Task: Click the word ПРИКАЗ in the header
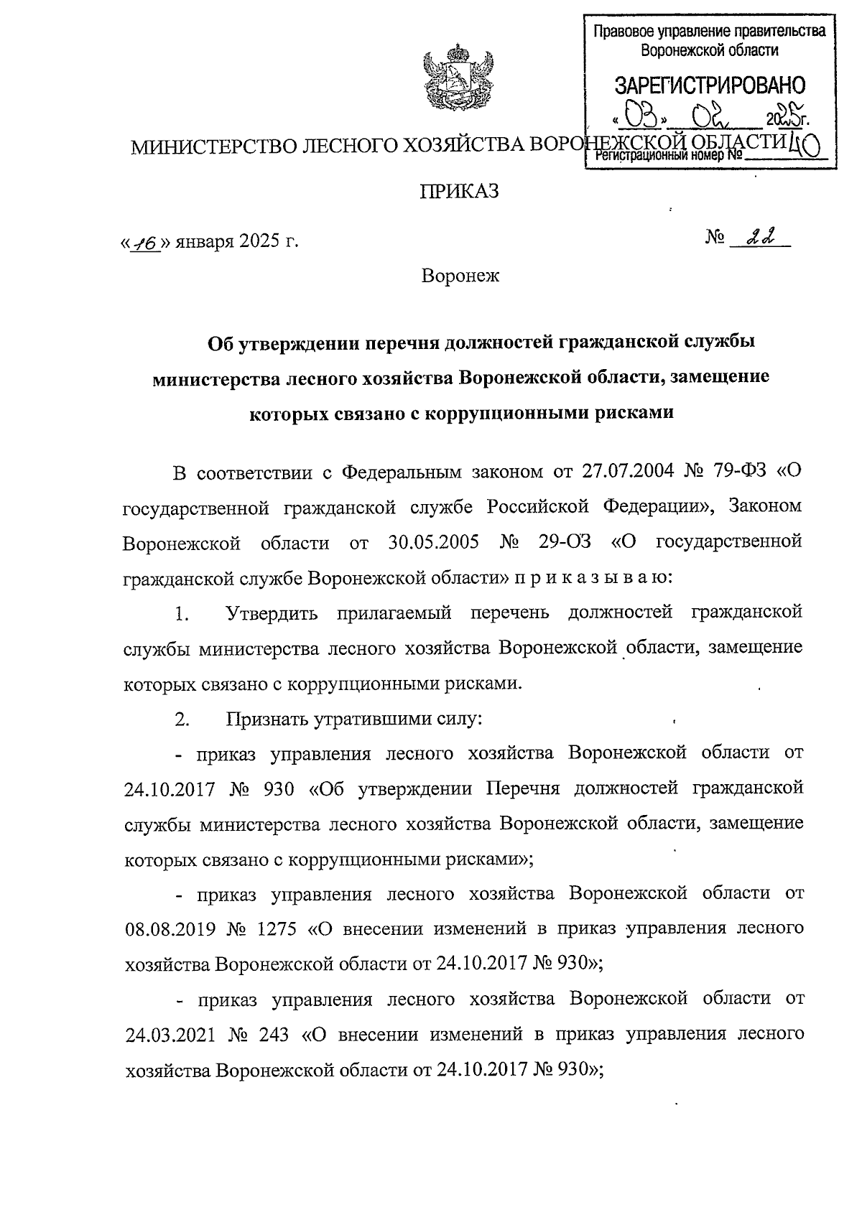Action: click(x=459, y=192)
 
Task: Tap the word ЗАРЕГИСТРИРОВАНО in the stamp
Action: click(x=710, y=85)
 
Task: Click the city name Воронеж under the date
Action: click(x=460, y=275)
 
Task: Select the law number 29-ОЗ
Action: click(x=564, y=542)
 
